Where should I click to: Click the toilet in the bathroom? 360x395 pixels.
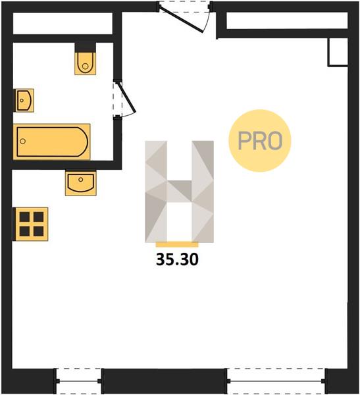(86, 63)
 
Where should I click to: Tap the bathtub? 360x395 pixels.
(52, 142)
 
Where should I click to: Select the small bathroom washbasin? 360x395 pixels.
(24, 100)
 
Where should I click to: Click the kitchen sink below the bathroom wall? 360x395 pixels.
(80, 183)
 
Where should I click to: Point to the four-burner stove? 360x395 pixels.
(31, 224)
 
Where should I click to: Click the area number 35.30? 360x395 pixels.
(177, 259)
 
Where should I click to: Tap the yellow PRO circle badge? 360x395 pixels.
(260, 141)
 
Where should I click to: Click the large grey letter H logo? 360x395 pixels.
(179, 192)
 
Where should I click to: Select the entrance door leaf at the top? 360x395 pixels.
(181, 19)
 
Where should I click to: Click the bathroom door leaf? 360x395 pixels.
(128, 97)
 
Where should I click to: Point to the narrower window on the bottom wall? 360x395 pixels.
(78, 381)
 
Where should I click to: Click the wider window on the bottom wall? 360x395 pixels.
(276, 381)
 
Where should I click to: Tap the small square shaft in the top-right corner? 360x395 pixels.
(338, 52)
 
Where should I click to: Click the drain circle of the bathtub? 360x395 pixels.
(23, 142)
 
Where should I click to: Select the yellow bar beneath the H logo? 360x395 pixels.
(177, 245)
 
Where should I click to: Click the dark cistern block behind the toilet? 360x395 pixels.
(86, 47)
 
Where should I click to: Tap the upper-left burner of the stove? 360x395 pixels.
(25, 217)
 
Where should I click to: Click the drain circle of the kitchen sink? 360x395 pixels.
(80, 180)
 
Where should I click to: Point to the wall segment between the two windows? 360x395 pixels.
(164, 381)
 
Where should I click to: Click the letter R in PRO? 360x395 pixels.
(260, 141)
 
